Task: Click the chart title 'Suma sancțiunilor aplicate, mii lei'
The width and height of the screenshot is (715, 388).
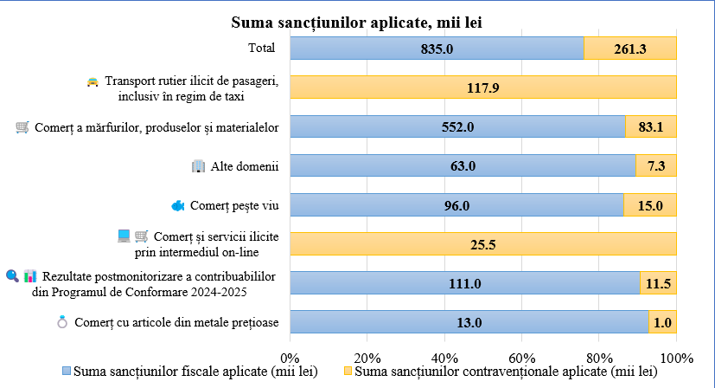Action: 356,22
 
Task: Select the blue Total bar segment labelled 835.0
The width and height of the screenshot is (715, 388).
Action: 437,48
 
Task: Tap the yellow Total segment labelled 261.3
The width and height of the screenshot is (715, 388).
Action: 629,48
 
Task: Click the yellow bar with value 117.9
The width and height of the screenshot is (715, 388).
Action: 482,87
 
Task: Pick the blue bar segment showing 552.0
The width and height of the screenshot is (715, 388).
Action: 457,127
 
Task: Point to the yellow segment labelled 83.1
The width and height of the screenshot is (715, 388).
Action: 650,127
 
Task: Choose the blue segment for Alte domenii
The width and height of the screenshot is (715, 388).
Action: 463,165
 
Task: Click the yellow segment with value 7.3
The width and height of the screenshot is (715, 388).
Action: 655,165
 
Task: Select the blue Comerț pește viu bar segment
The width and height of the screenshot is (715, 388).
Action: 456,205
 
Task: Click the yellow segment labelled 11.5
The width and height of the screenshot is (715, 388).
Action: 657,284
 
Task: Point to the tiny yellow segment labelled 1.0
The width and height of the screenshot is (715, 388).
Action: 661,322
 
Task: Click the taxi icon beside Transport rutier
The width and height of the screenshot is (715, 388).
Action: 92,81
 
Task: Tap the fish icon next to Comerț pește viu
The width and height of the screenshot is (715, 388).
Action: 178,205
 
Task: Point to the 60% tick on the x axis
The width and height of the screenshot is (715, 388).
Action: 521,358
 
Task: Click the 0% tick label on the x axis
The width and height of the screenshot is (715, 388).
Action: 290,358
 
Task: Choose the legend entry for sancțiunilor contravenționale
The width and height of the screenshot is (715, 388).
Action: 501,372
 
